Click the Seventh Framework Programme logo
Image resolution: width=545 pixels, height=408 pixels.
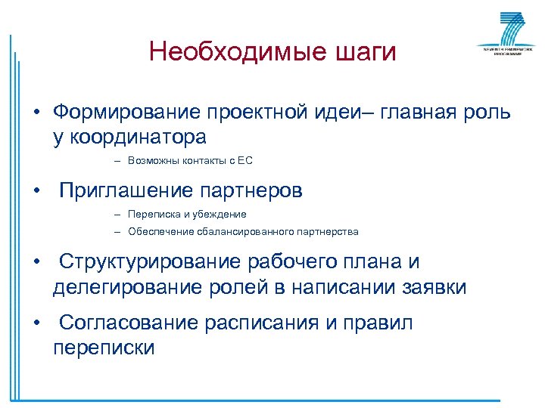coord(501,34)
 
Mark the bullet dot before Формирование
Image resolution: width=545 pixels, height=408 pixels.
coord(35,114)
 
